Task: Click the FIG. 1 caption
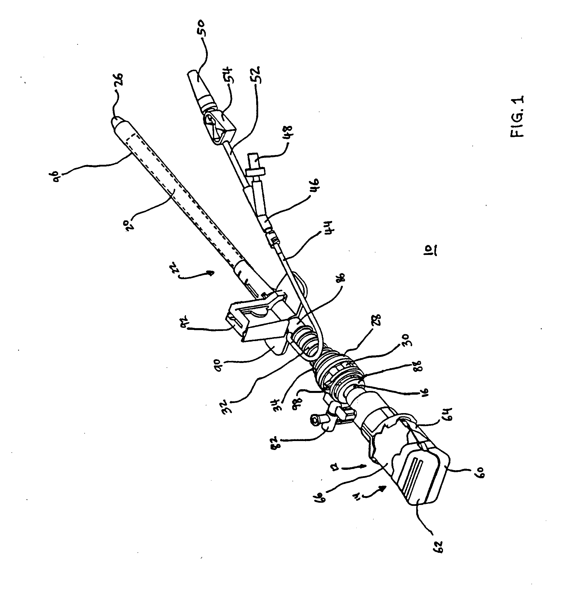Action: tap(518, 116)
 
